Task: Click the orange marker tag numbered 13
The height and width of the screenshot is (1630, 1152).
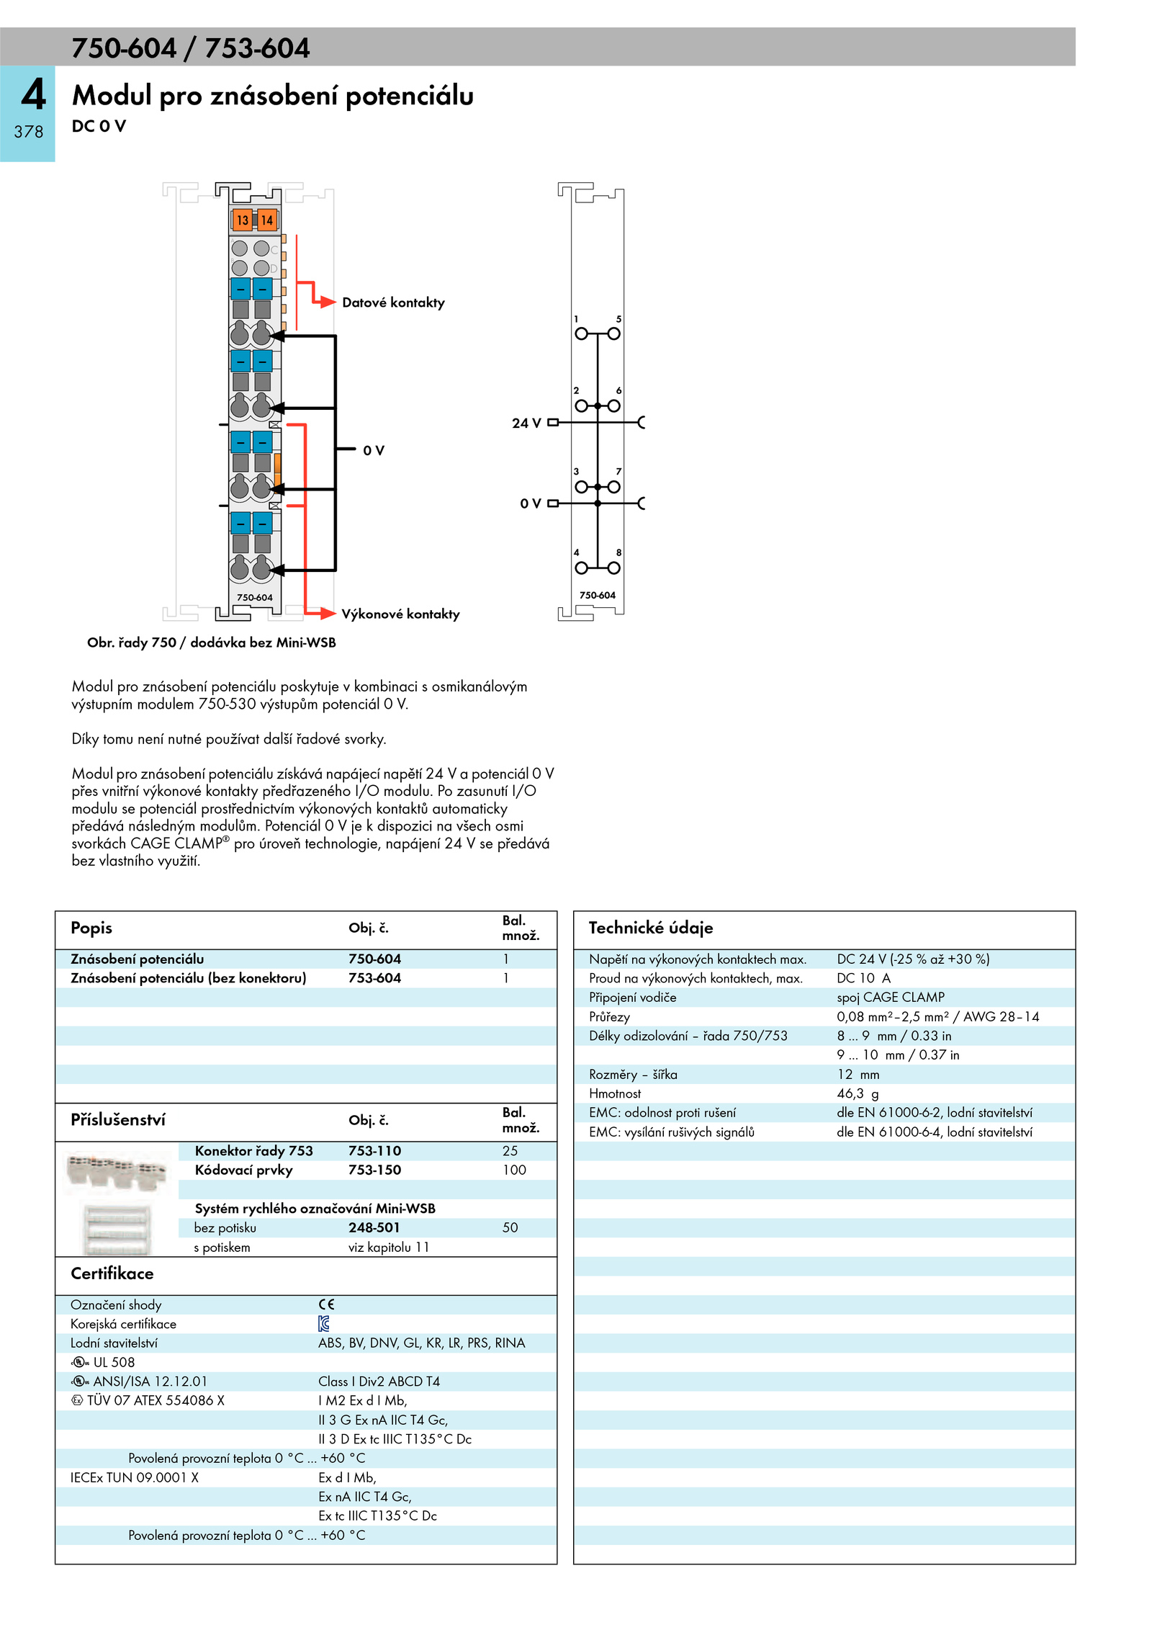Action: coord(242,220)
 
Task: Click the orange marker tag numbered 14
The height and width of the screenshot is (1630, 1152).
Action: coord(266,220)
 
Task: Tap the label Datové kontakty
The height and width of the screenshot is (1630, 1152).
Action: coord(393,303)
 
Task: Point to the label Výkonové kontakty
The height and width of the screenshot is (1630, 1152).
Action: coord(400,614)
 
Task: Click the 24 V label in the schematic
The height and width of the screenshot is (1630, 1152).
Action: coord(526,424)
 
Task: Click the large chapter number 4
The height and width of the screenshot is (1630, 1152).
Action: coord(33,95)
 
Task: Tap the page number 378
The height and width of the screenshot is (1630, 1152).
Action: coord(29,132)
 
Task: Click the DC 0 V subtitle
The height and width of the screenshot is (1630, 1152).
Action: coord(99,126)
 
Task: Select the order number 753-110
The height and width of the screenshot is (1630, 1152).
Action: coord(374,1151)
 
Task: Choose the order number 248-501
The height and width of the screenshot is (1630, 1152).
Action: coord(374,1227)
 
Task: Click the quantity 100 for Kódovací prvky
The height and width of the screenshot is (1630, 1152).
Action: coord(514,1170)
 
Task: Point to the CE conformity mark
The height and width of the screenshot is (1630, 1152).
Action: coord(327,1304)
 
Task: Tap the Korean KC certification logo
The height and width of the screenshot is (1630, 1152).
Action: coord(324,1323)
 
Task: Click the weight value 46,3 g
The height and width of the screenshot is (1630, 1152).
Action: coord(858,1093)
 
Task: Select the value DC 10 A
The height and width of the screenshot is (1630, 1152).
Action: coord(863,978)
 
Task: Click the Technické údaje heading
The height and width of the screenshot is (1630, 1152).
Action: coord(651,928)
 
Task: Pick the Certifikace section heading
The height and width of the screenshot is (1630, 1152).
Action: coord(112,1273)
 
